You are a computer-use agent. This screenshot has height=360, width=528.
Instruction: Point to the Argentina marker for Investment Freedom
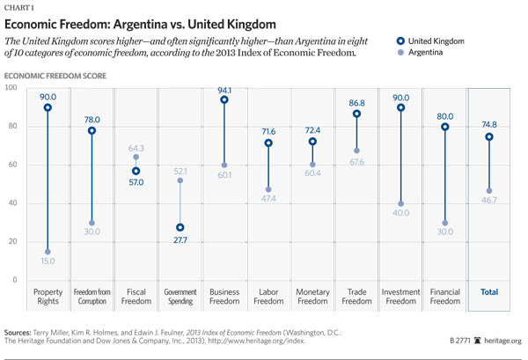[401, 203]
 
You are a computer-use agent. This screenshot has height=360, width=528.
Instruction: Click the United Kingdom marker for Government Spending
[180, 227]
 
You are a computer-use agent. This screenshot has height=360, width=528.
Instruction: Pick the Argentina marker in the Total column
[488, 191]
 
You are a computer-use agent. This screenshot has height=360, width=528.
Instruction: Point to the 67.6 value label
[356, 162]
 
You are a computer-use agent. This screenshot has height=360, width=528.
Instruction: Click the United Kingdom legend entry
[428, 40]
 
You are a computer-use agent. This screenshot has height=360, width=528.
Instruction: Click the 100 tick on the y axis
[12, 88]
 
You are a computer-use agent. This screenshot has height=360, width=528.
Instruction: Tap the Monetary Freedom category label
[312, 296]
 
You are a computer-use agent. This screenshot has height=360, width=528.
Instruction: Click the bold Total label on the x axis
[488, 291]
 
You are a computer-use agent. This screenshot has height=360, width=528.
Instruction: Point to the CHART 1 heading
[23, 7]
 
